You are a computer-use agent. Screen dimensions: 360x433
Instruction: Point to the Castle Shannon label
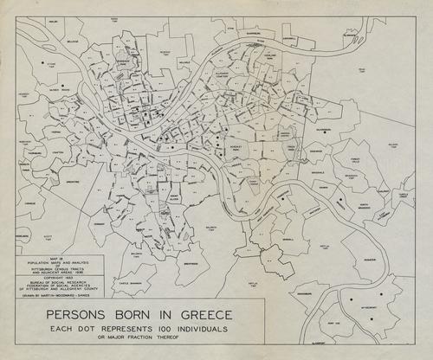tap(130, 283)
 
